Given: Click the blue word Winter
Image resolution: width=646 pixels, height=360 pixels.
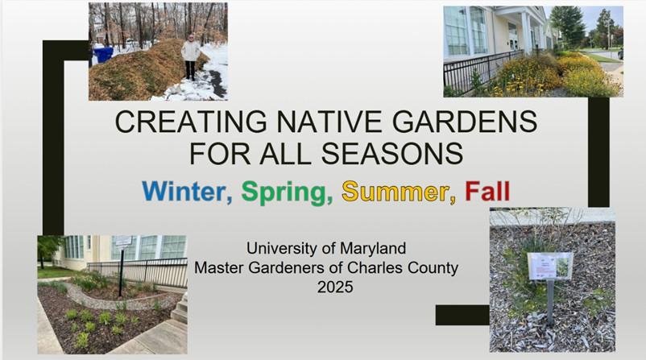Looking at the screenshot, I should pos(187,192).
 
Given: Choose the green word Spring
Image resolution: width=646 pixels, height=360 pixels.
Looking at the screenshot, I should pos(287,192).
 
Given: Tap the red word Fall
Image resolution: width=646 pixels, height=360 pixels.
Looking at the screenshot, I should pos(487,192).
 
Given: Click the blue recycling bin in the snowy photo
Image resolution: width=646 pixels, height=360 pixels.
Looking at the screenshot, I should pos(104,54).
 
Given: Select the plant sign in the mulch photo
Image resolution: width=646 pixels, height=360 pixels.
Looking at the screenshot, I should pos(550,265).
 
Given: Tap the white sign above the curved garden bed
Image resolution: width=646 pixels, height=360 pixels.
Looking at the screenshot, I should pos(123,241).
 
